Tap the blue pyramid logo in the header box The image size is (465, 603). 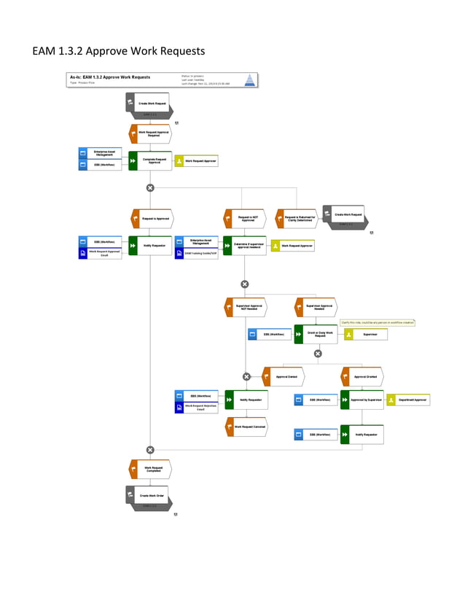click(x=249, y=79)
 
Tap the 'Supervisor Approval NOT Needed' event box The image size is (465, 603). click(x=246, y=306)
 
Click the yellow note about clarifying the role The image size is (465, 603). click(x=378, y=322)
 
